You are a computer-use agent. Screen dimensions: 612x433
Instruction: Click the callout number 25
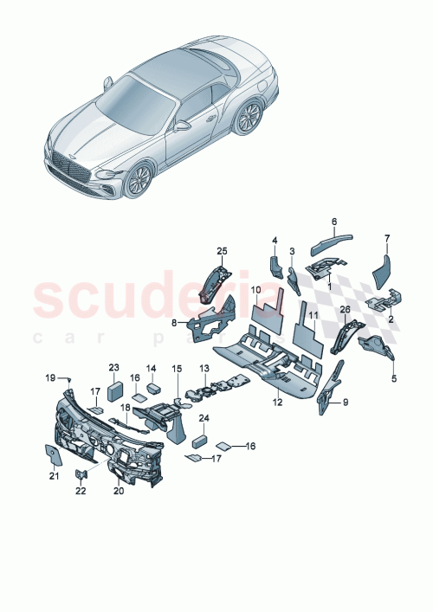pyautogui.click(x=221, y=252)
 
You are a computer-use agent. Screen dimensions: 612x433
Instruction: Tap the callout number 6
pyautogui.click(x=334, y=221)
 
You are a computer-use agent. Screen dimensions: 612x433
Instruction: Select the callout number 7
pyautogui.click(x=387, y=237)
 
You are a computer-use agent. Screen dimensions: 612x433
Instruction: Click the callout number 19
pyautogui.click(x=50, y=377)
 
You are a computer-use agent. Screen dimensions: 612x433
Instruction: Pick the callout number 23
pyautogui.click(x=113, y=367)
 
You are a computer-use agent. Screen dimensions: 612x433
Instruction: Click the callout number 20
pyautogui.click(x=120, y=489)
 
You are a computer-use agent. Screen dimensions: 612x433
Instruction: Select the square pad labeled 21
pyautogui.click(x=51, y=452)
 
